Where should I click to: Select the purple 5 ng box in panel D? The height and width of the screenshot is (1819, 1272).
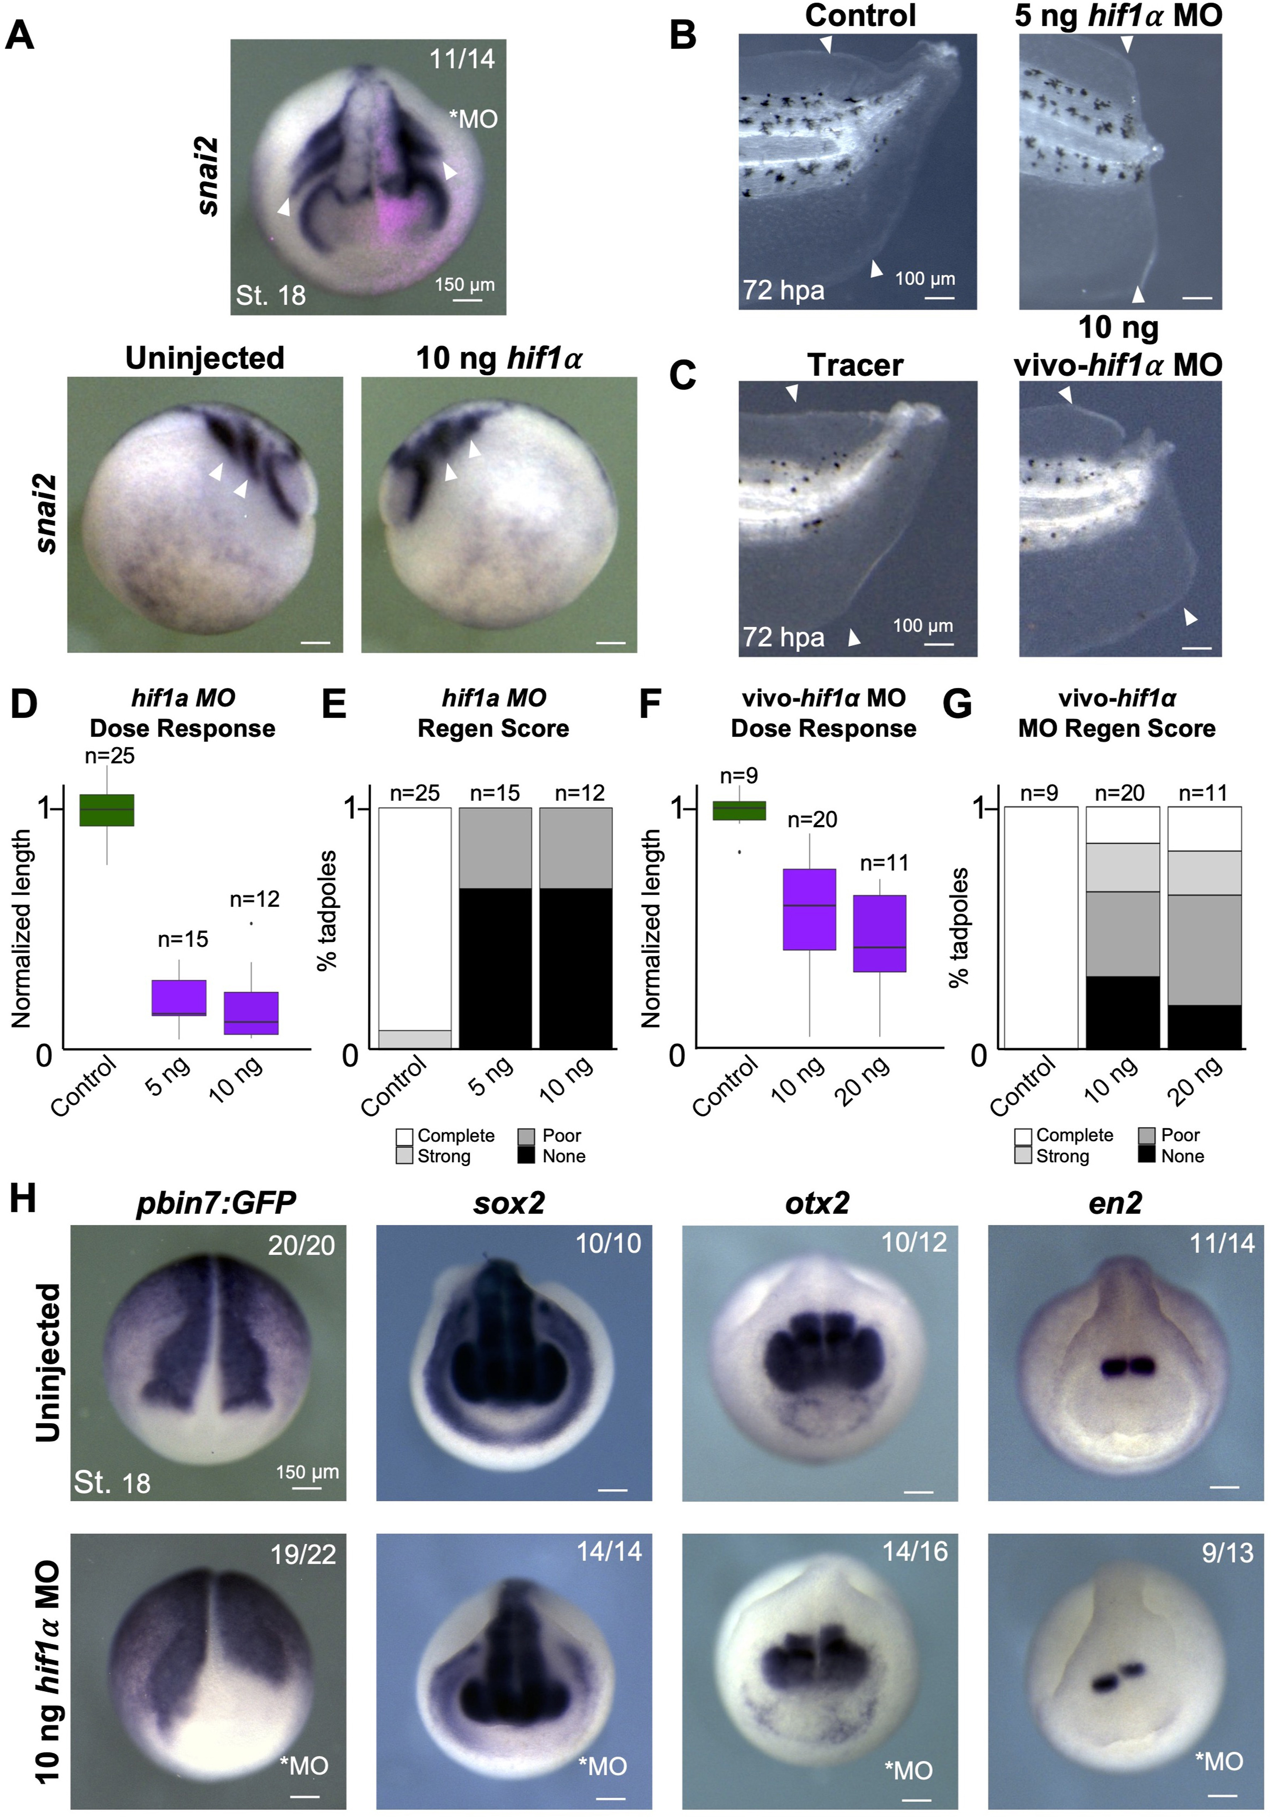pos(179,997)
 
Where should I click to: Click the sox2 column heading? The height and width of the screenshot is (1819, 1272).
pos(509,1203)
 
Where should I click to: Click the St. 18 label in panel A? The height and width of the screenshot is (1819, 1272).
pos(270,296)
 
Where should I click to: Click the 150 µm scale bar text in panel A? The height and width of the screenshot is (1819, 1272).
pos(464,284)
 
